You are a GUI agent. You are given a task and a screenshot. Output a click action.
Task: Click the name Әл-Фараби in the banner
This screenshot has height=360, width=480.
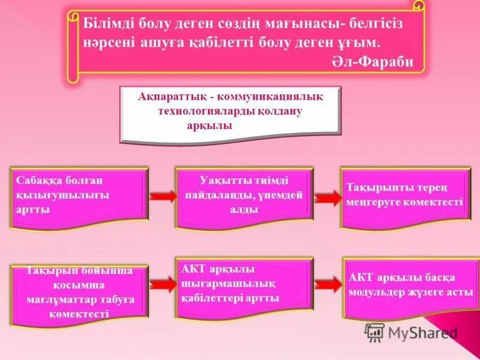click(x=372, y=63)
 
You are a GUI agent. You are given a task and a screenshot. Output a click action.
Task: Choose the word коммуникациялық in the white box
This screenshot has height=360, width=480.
click(x=275, y=97)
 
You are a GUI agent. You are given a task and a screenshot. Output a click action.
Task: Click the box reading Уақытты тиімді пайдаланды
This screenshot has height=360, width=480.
click(x=244, y=194)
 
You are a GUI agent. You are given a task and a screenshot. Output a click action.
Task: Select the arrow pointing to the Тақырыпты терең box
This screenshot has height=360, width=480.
click(x=327, y=197)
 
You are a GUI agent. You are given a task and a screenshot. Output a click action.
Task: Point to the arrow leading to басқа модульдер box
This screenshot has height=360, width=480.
click(x=327, y=284)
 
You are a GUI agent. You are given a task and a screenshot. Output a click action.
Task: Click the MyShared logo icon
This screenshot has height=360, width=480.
click(x=375, y=332)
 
